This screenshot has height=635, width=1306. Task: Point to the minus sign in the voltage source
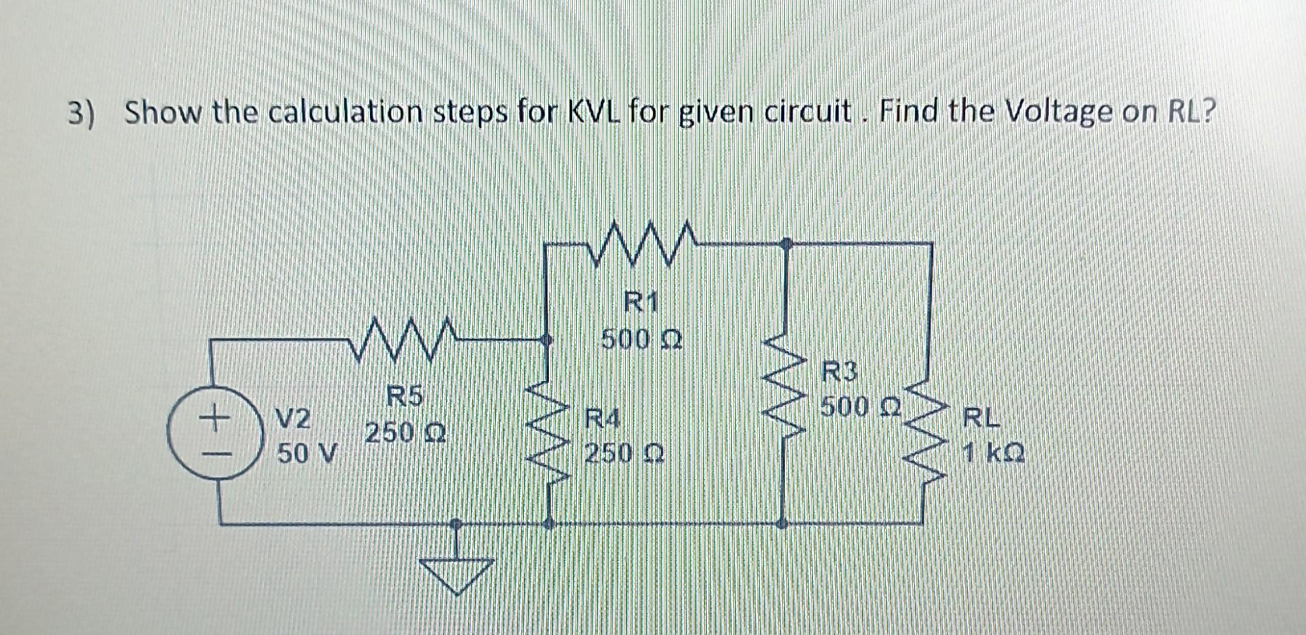[x=214, y=453]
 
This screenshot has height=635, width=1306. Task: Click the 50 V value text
[x=307, y=453]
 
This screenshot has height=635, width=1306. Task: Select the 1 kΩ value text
[x=994, y=453]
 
